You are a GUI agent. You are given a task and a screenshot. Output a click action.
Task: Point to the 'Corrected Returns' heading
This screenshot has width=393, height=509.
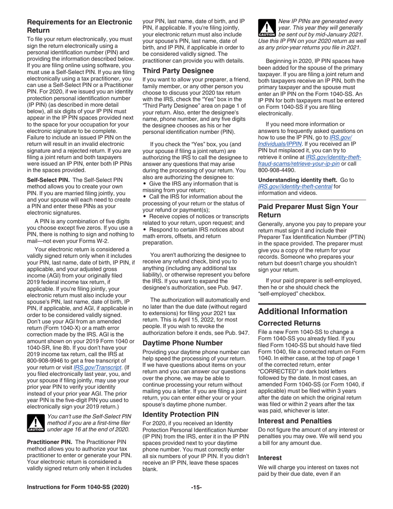289,323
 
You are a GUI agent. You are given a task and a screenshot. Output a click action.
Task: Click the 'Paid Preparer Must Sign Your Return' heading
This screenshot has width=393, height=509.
308,211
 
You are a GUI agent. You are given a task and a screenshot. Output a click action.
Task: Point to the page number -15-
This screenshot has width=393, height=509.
196,499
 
